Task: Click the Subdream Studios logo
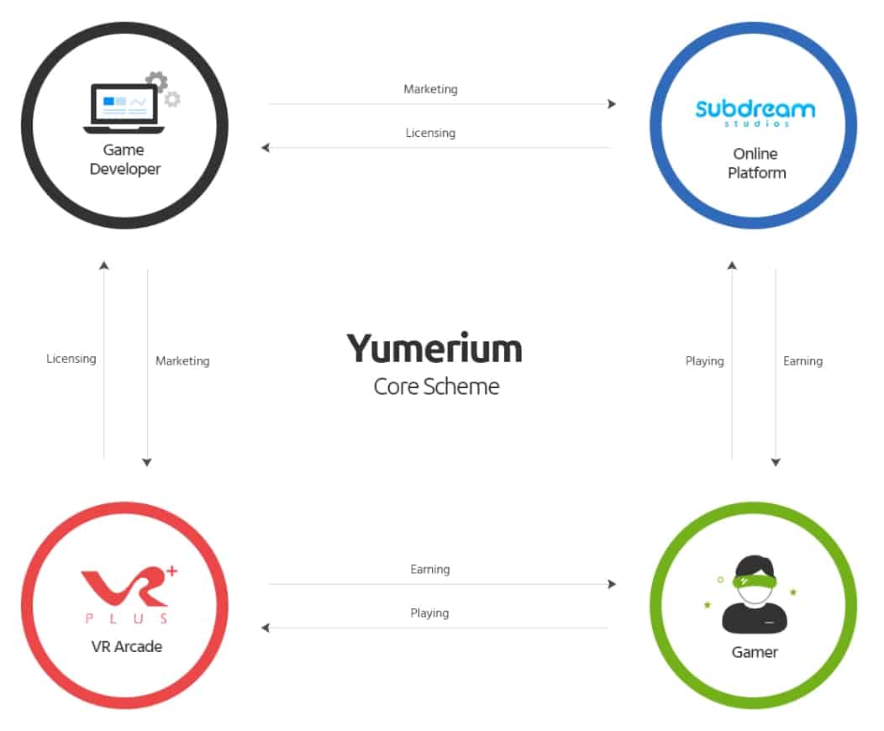755,111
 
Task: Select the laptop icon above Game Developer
124,109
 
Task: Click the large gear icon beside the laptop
156,82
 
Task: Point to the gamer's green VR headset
755,580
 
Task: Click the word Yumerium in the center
435,348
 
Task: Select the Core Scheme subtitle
436,387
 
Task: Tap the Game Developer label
124,160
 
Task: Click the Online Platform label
755,163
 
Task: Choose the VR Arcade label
126,646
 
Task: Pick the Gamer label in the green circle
755,652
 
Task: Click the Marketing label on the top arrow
430,89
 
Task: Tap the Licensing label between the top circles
430,133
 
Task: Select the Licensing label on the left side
71,359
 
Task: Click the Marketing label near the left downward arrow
182,361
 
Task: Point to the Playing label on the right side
704,361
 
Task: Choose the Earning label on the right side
802,361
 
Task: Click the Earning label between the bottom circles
429,570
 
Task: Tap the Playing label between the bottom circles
429,613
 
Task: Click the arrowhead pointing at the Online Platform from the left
612,104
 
